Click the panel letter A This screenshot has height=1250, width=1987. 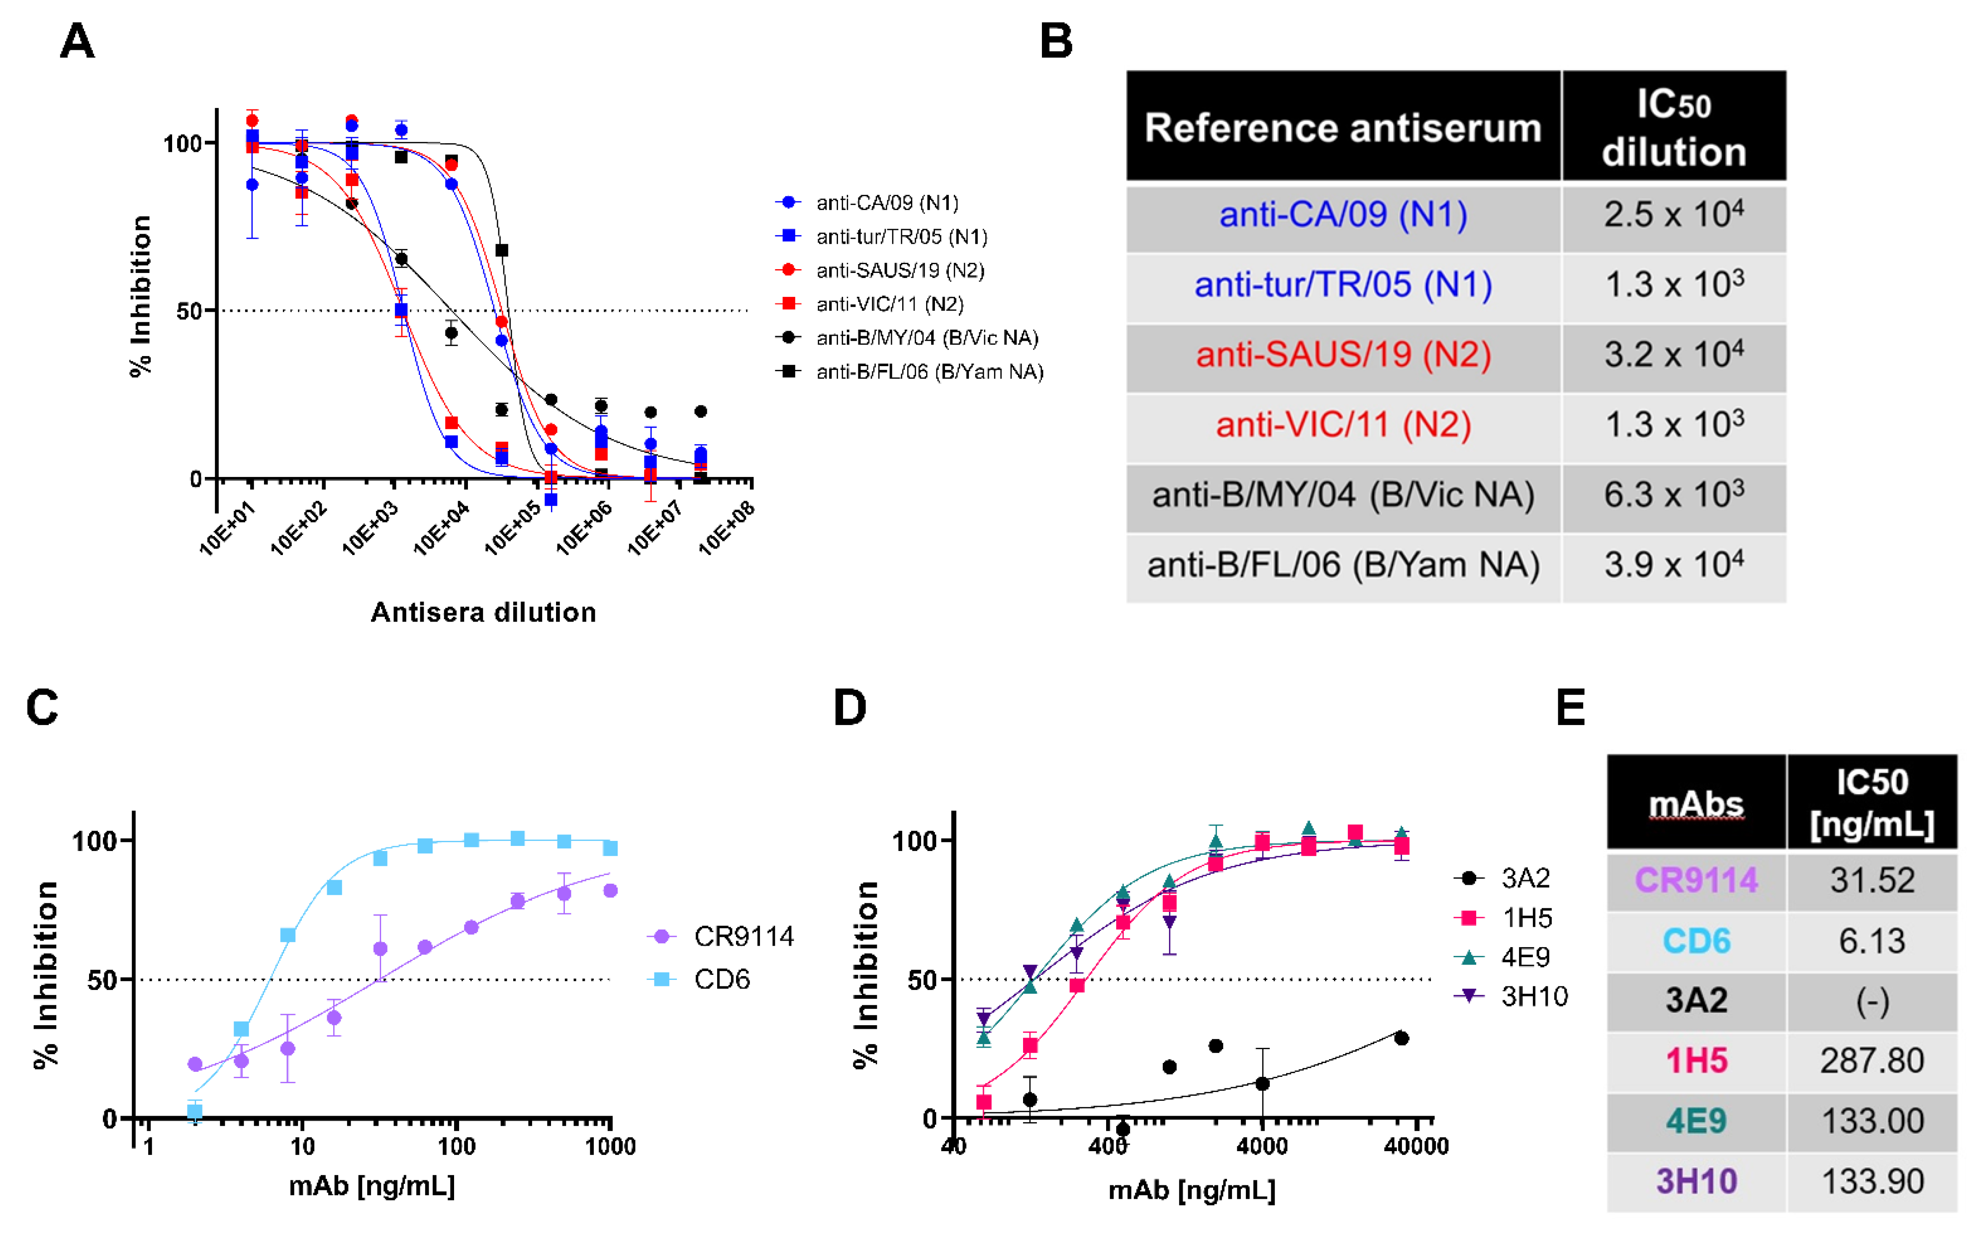click(78, 41)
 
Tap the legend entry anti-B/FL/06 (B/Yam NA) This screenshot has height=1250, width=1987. click(929, 372)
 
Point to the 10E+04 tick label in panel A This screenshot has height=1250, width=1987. click(442, 528)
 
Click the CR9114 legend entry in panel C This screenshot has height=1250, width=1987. click(742, 936)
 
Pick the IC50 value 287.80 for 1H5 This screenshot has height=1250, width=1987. click(1872, 1061)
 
